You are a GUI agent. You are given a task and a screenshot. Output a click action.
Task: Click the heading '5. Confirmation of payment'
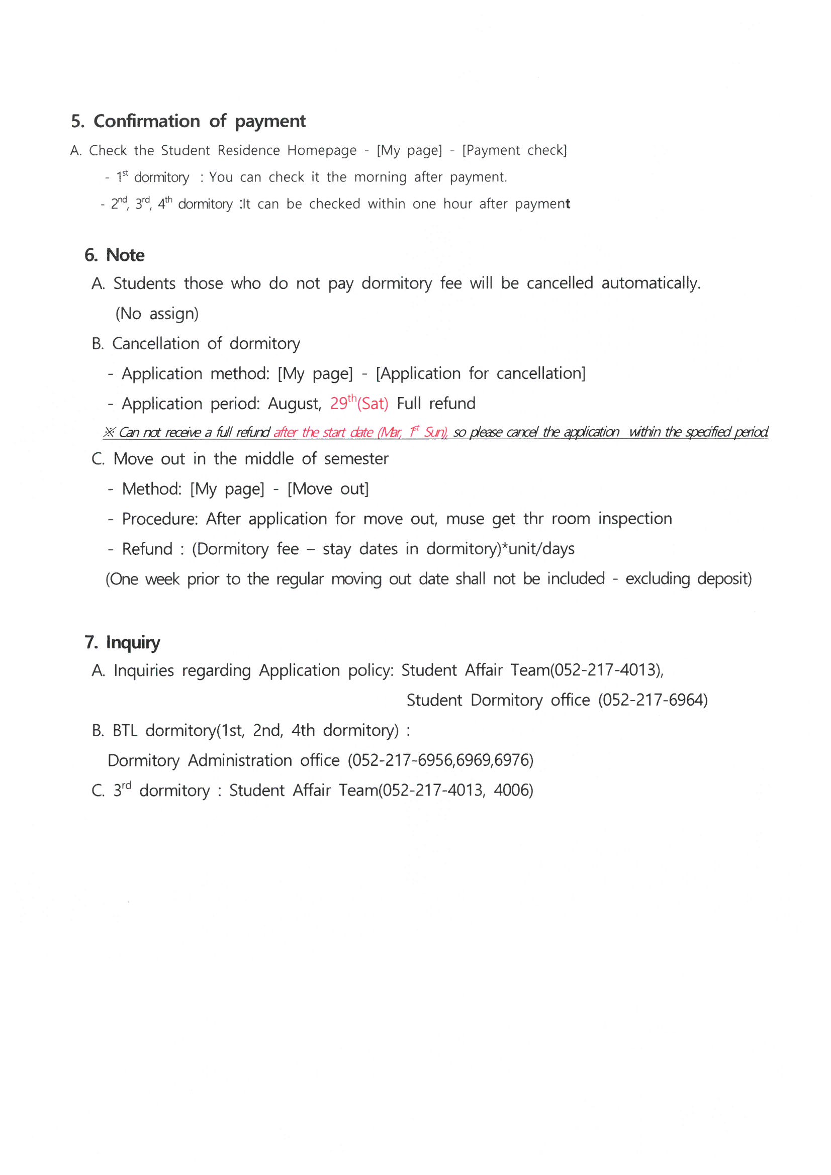click(188, 121)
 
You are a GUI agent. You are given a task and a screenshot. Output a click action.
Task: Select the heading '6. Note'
click(115, 255)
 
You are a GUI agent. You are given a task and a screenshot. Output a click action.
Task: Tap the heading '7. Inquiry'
click(122, 642)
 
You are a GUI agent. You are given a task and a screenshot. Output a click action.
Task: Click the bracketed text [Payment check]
click(514, 150)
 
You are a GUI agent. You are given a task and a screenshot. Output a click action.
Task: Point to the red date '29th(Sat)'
click(359, 403)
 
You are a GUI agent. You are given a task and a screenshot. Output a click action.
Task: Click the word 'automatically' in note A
click(650, 283)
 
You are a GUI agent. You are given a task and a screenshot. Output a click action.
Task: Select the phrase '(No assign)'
click(157, 313)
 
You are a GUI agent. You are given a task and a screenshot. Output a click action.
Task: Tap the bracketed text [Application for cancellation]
click(480, 373)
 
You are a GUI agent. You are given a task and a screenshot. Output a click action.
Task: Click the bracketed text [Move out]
click(328, 488)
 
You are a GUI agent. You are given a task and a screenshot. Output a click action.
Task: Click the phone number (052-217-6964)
click(653, 700)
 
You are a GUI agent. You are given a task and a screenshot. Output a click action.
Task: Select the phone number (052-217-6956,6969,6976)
click(440, 760)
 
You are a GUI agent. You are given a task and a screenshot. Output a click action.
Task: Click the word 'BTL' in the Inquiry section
click(125, 731)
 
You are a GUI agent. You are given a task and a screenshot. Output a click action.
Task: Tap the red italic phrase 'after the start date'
click(323, 432)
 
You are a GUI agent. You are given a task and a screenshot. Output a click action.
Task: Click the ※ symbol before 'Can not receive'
click(109, 432)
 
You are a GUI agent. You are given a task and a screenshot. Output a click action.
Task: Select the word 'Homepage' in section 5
click(322, 150)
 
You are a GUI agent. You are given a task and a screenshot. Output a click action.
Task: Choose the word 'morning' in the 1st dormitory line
click(380, 177)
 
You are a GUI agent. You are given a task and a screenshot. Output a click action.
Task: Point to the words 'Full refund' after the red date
click(436, 403)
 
